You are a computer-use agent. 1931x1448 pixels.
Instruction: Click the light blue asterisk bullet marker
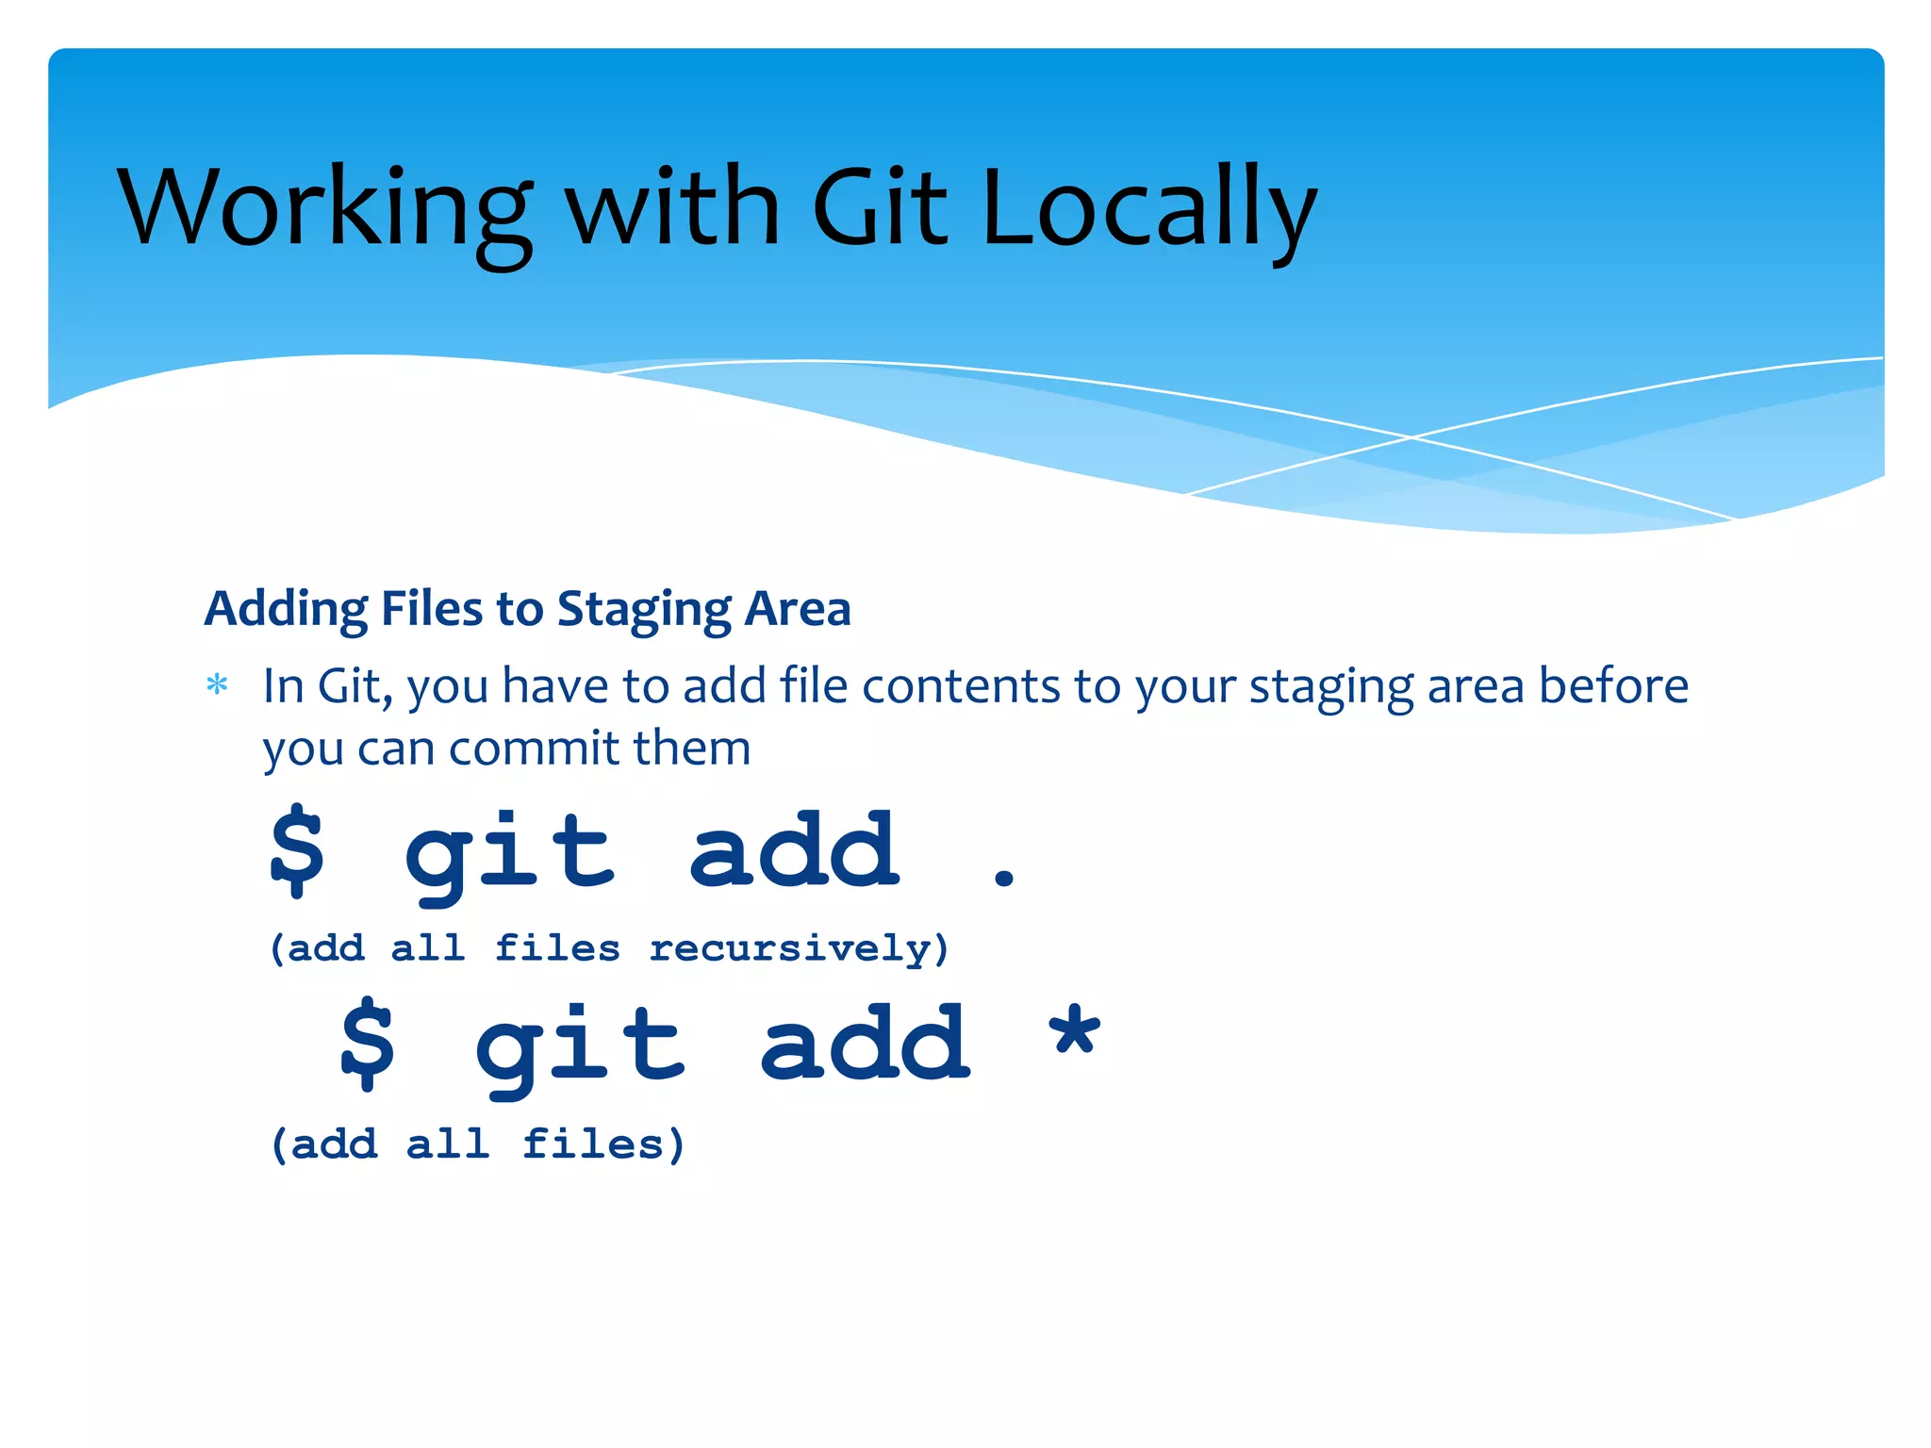(x=217, y=684)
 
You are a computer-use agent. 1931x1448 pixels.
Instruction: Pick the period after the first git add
(x=1004, y=879)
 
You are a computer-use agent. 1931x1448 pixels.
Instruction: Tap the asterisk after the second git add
(x=1075, y=1032)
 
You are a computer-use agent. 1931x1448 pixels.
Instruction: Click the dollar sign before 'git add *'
(x=367, y=1044)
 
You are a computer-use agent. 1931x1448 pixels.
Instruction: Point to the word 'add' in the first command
(x=794, y=850)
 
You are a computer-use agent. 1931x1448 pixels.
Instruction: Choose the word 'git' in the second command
(x=580, y=1046)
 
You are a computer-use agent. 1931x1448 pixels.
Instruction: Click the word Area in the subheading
(x=798, y=610)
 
